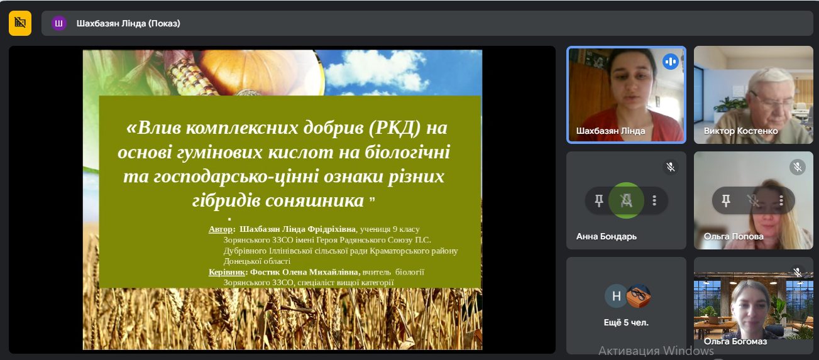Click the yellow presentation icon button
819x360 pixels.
point(20,23)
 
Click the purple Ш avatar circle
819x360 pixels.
point(58,23)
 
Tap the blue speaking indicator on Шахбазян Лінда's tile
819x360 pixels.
point(671,62)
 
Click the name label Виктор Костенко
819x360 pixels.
point(741,131)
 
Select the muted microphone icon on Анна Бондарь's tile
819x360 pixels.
point(671,167)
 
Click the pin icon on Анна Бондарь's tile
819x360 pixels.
point(598,200)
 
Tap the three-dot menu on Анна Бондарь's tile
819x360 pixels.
point(654,200)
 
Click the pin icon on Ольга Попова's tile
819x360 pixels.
point(726,200)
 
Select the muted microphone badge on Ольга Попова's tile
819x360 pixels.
point(798,167)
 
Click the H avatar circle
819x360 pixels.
point(616,296)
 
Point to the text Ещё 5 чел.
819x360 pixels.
point(626,322)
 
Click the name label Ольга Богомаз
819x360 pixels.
point(735,341)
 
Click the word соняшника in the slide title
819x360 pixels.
point(314,200)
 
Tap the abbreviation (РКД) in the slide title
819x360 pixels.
point(395,128)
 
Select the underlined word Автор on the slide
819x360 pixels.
point(220,229)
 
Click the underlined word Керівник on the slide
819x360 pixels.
point(227,272)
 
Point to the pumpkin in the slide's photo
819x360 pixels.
point(260,72)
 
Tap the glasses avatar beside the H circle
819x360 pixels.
point(639,296)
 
